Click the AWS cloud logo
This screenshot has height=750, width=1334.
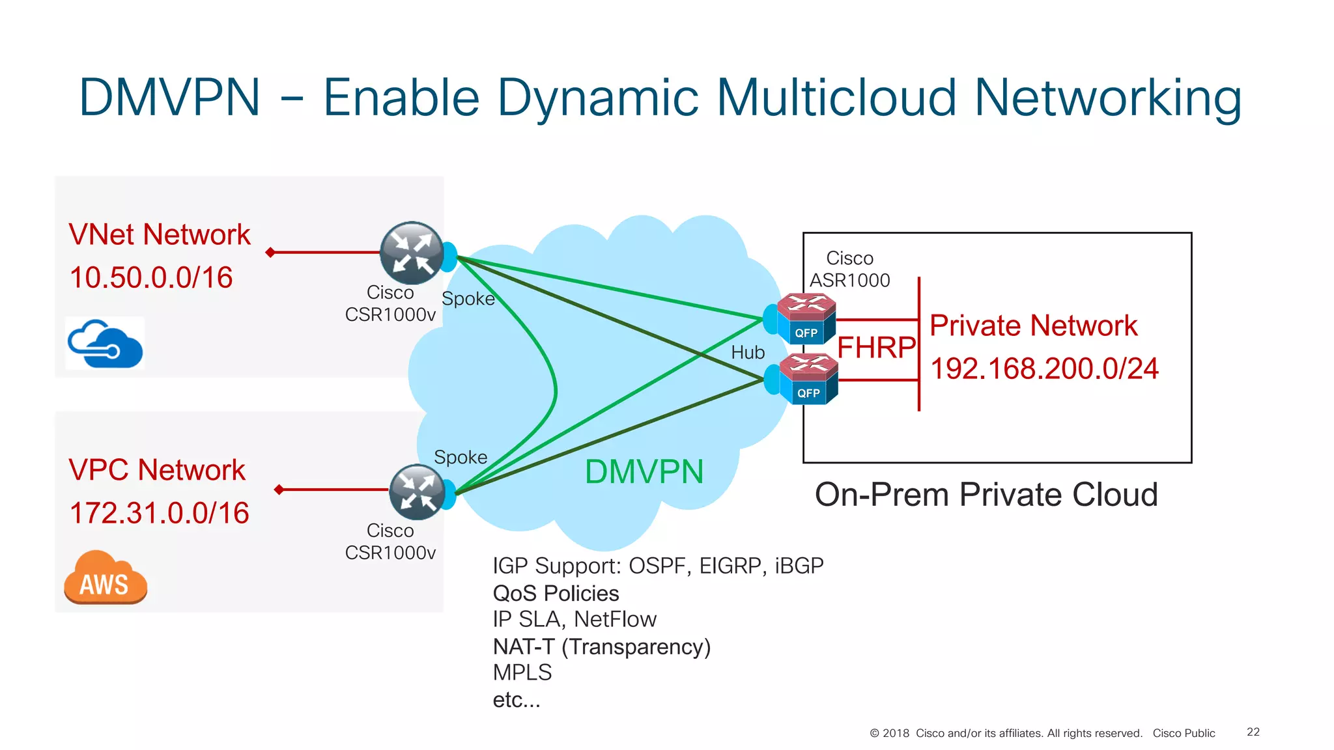[x=106, y=577]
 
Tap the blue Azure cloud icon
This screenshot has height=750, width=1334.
[x=105, y=344]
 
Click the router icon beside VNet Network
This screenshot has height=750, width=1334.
[x=412, y=253]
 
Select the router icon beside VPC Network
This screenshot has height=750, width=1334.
[x=417, y=492]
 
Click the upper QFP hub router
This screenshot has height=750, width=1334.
[x=806, y=319]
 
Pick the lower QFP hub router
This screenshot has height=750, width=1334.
[x=808, y=379]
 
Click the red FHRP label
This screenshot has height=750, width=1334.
[x=876, y=348]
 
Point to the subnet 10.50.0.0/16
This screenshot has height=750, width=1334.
[x=151, y=278]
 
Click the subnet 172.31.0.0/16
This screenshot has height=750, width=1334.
[x=160, y=513]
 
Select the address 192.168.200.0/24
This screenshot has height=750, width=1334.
[x=1044, y=369]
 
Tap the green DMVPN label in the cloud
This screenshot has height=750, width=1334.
[x=644, y=471]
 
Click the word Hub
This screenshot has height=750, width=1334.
[x=747, y=352]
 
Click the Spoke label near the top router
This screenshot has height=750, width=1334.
[x=468, y=299]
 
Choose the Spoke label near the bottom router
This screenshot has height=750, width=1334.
[x=461, y=457]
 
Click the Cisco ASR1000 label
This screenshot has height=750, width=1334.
[x=849, y=269]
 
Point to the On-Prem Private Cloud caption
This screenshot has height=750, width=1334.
[x=986, y=495]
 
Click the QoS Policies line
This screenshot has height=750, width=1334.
[x=556, y=593]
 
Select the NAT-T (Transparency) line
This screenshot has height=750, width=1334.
[x=601, y=646]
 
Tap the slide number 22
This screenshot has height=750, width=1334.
[x=1253, y=732]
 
